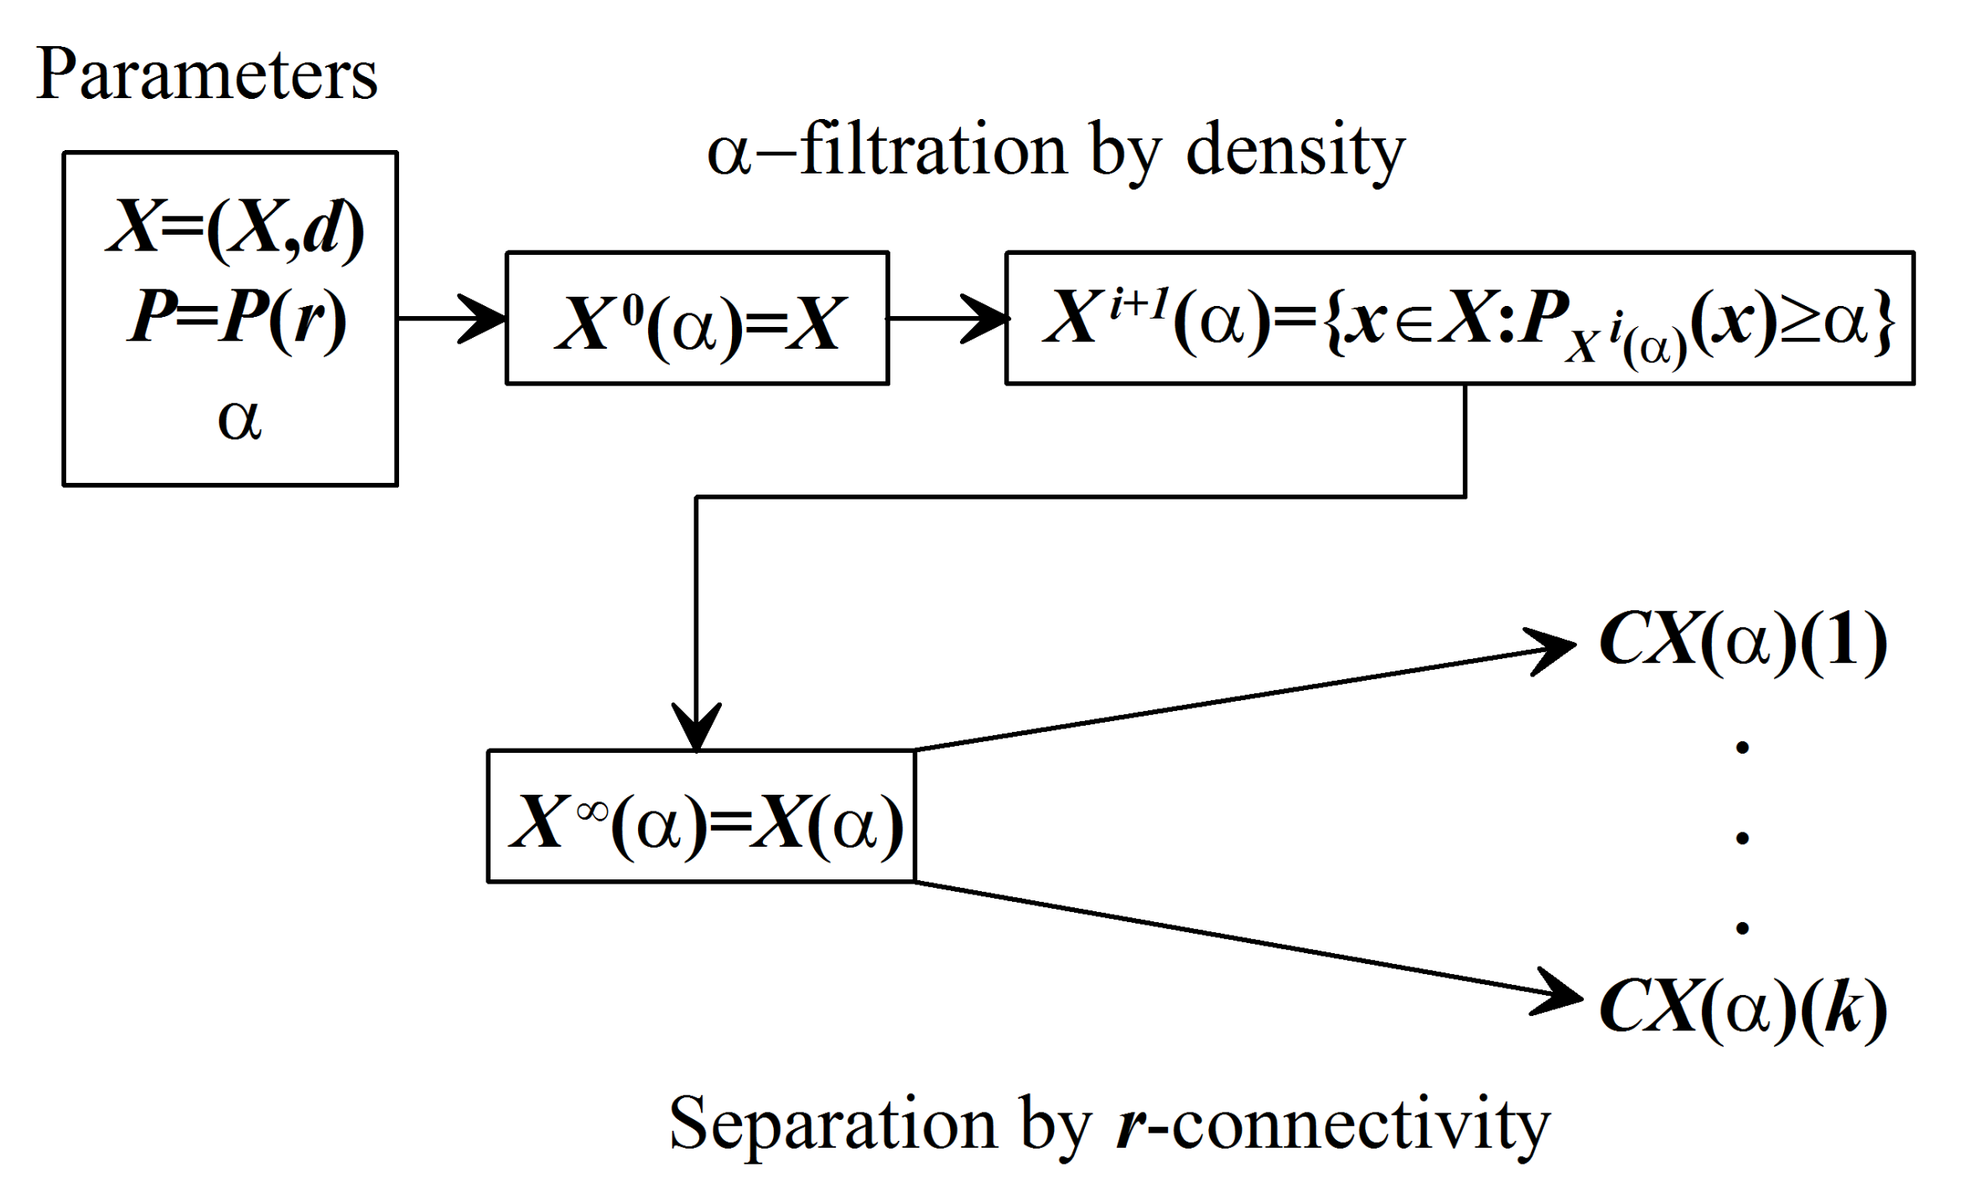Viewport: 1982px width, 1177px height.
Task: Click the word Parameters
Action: (x=206, y=75)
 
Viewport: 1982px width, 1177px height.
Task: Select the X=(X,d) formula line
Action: (x=235, y=227)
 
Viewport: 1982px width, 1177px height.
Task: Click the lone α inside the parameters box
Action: (x=239, y=418)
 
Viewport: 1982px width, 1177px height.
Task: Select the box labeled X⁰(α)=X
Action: (x=697, y=319)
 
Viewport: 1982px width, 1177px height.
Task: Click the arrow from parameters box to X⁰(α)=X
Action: (x=453, y=319)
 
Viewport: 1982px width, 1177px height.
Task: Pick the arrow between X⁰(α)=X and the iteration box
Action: (x=947, y=319)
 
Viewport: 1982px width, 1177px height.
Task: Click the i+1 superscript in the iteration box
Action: (x=1139, y=303)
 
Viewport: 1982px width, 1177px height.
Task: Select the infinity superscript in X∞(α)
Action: (x=592, y=811)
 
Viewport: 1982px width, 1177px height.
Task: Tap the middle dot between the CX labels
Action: (x=1742, y=837)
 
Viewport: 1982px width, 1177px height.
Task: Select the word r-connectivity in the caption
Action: (x=1333, y=1123)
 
